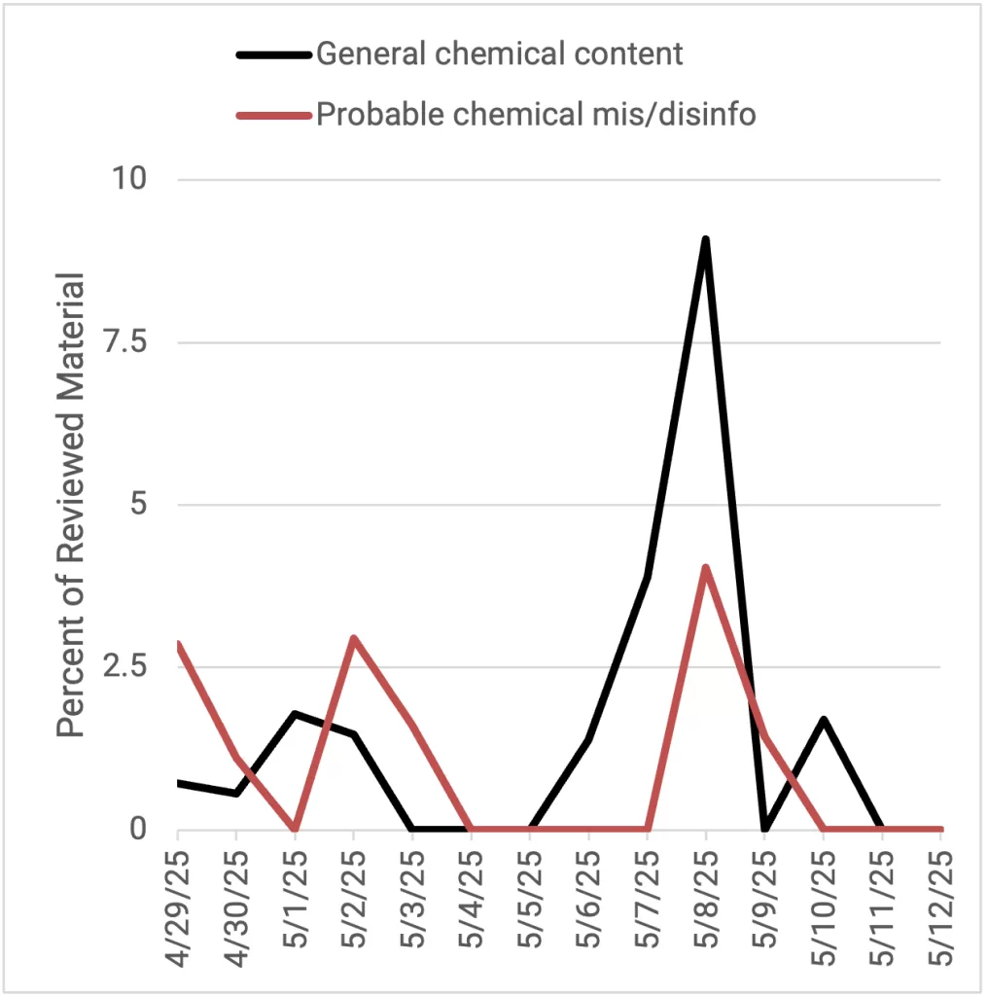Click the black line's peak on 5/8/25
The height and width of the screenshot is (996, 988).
pos(705,239)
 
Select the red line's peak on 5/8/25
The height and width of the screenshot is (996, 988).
pos(705,568)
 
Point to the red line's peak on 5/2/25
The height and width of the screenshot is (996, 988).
pos(354,638)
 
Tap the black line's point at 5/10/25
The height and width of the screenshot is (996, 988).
pos(823,720)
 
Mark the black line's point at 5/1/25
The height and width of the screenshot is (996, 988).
pos(295,714)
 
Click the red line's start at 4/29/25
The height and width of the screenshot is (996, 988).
pos(179,644)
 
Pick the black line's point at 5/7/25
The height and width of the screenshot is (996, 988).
pos(647,577)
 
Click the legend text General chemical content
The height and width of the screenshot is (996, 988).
pos(500,53)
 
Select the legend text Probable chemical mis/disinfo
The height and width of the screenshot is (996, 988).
pos(536,115)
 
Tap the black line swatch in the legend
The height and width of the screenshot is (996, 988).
pos(274,54)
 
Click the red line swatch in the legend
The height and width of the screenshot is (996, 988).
pos(274,116)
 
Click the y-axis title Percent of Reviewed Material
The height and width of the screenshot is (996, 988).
pos(71,506)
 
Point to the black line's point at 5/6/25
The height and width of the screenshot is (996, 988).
pos(588,740)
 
